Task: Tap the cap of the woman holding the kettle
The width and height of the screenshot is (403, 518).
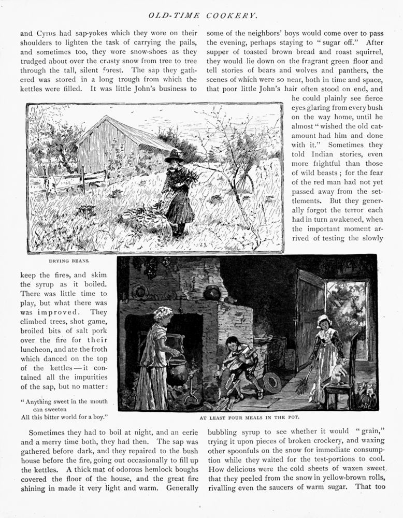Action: pos(162,312)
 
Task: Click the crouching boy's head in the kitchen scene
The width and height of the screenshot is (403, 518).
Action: pos(233,343)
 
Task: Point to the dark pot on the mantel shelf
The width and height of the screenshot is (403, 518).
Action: pos(212,294)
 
